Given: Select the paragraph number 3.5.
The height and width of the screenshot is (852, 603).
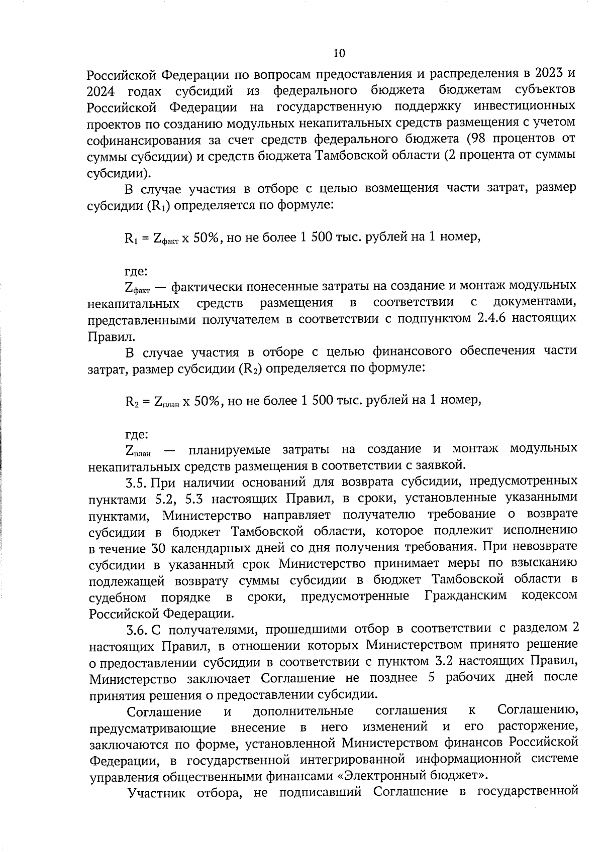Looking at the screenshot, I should [x=136, y=482].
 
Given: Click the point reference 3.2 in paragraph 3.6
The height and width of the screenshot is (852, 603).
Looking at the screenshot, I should [x=443, y=661].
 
